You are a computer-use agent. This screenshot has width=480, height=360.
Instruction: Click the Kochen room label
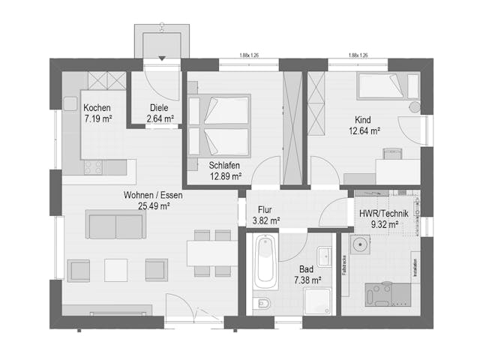click(97, 107)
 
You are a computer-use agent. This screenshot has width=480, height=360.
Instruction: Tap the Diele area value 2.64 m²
click(158, 118)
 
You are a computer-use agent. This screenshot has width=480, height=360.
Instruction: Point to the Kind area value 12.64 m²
click(364, 130)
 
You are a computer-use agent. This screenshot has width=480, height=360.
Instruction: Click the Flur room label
click(264, 210)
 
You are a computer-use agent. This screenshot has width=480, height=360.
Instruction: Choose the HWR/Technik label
click(383, 213)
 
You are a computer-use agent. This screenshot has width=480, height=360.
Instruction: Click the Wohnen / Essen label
click(153, 195)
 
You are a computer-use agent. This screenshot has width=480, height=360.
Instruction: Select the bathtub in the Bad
click(265, 262)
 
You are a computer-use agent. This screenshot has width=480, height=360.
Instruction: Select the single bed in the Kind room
click(382, 87)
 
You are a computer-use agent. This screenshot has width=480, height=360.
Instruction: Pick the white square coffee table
click(116, 269)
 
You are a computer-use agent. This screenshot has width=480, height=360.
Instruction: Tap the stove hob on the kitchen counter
click(93, 168)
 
